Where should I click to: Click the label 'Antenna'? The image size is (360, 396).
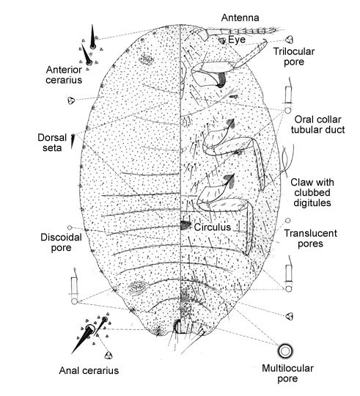[x=240, y=18]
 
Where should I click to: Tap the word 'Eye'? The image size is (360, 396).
[x=237, y=40]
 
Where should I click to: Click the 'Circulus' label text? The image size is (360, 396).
[x=213, y=227]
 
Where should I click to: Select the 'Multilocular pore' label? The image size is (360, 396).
[x=287, y=373]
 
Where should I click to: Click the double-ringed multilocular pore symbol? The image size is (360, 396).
[x=285, y=351]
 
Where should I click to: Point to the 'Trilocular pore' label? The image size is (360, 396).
[x=294, y=56]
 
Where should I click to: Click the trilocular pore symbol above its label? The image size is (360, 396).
[x=290, y=40]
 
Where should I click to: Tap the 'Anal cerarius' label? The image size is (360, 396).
[x=89, y=370]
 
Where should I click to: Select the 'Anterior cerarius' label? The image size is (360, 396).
[x=64, y=75]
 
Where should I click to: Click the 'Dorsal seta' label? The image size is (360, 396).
[x=52, y=143]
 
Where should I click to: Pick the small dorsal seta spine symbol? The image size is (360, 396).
[x=73, y=140]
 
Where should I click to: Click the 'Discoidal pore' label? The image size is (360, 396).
[x=61, y=243]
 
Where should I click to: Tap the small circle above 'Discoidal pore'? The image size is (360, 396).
[x=70, y=228]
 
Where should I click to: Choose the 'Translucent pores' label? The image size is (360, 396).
[x=310, y=238]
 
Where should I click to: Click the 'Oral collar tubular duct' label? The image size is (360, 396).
[x=317, y=125]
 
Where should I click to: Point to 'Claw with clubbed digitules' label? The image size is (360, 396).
[x=312, y=192]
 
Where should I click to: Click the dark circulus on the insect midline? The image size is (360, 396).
[x=185, y=225]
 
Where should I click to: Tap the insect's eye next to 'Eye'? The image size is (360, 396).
[x=222, y=40]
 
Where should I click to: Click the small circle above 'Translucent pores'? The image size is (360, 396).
[x=288, y=221]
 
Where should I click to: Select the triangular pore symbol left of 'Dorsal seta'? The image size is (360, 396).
[x=71, y=100]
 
